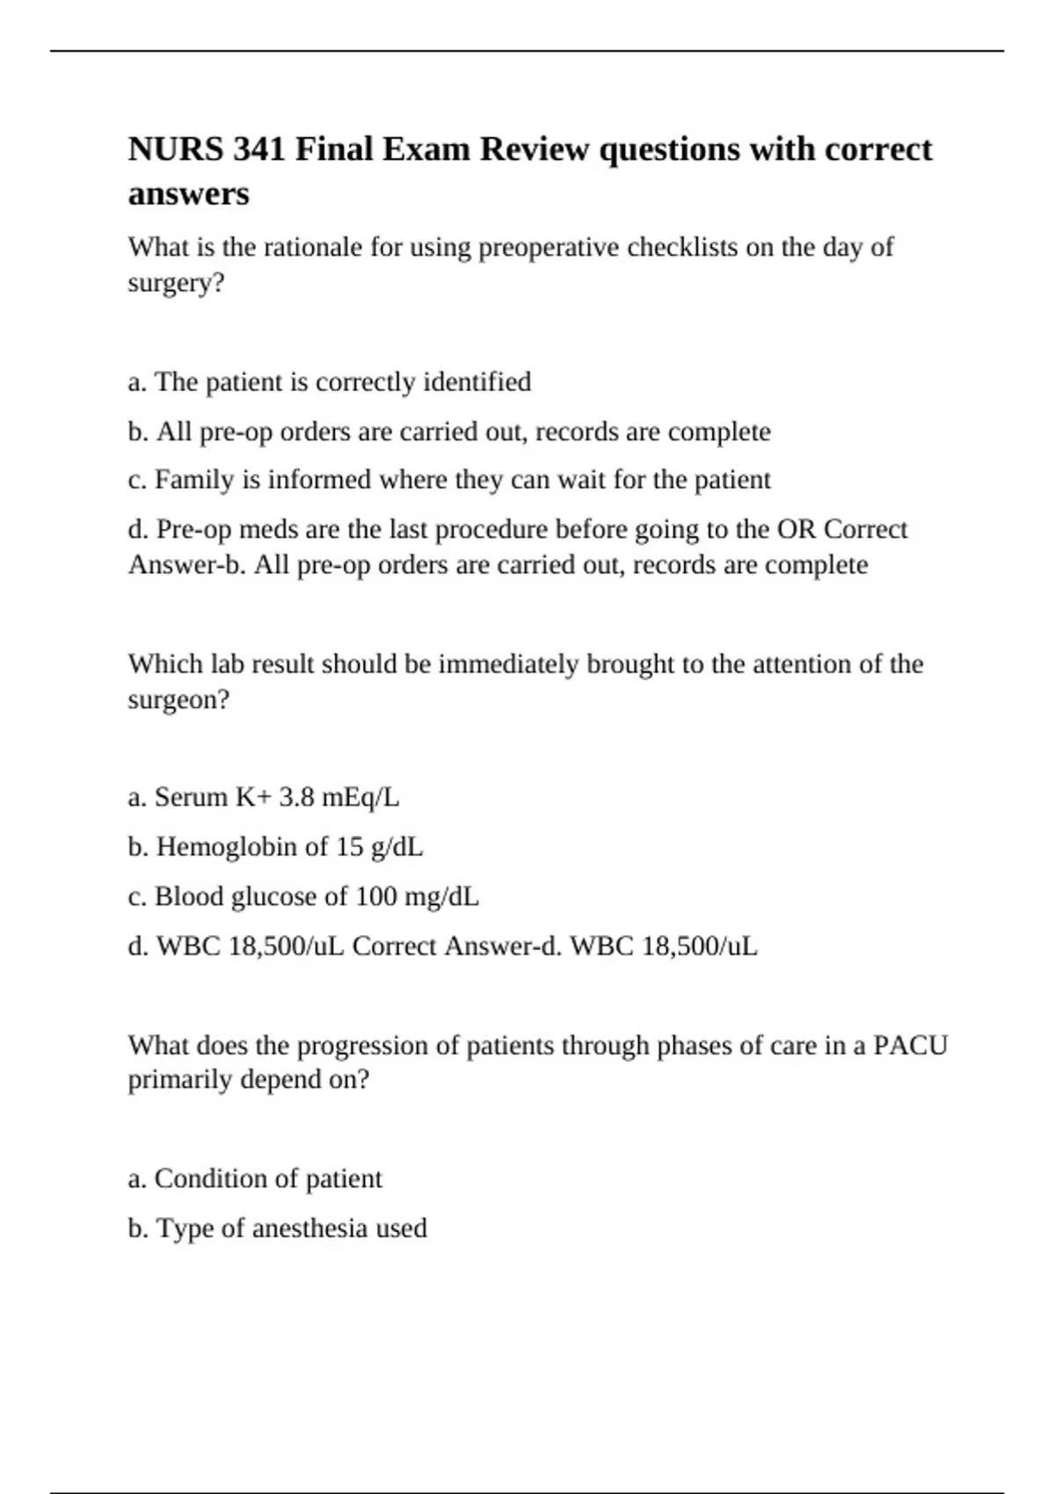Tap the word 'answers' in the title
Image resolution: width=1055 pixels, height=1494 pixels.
(188, 194)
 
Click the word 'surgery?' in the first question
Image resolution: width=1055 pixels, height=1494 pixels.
(176, 284)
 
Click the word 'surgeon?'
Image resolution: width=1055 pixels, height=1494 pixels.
(178, 700)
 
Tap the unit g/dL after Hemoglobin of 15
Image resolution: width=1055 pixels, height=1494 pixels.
(397, 847)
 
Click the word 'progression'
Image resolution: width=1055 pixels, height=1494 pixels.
(377, 1046)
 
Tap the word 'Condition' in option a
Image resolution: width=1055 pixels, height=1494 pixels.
(207, 1179)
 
